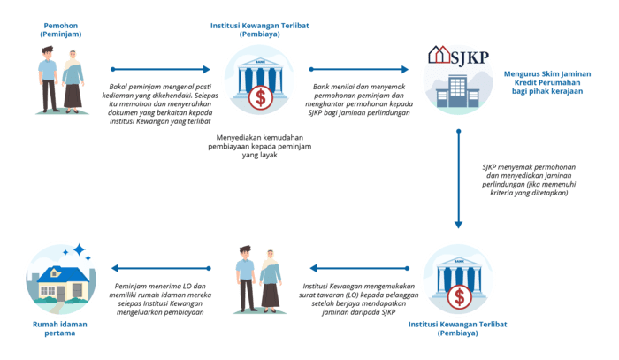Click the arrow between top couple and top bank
[x=159, y=69]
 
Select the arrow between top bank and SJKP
[x=362, y=69]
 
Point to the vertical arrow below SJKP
[x=460, y=177]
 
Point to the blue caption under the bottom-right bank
[x=455, y=329]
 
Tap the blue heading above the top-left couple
[x=59, y=28]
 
